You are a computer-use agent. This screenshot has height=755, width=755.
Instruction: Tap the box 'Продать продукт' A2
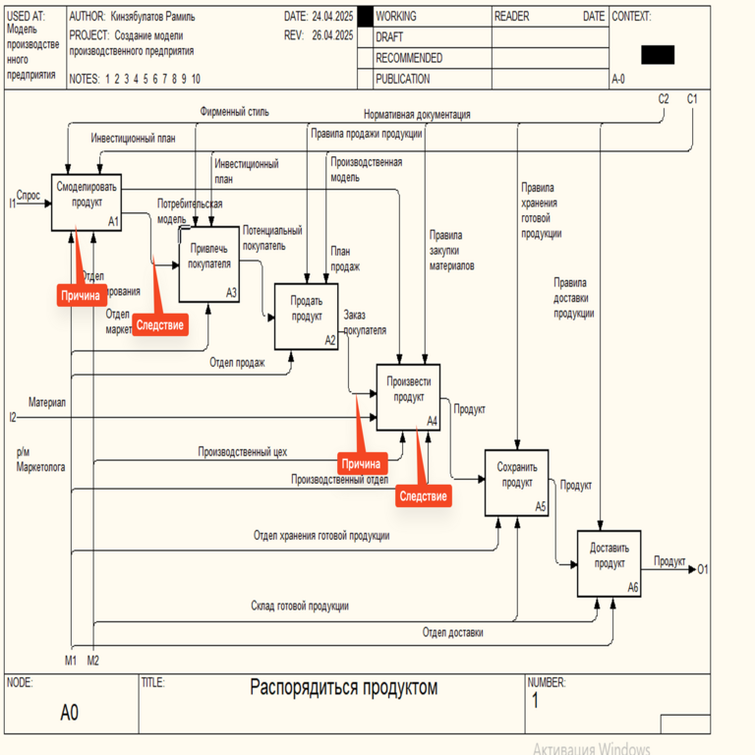click(x=306, y=316)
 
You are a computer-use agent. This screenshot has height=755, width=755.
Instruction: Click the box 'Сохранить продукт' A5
click(x=516, y=483)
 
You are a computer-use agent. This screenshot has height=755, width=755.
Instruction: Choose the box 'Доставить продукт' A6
click(x=609, y=563)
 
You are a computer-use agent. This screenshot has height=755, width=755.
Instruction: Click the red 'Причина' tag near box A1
click(x=80, y=294)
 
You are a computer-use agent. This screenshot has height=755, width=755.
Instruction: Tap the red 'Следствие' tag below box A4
click(x=424, y=496)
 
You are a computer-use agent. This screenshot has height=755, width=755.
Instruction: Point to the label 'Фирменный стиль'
click(x=234, y=112)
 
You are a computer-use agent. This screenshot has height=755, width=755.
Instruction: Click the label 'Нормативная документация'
click(x=417, y=114)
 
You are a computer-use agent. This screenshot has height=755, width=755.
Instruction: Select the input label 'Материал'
click(x=47, y=403)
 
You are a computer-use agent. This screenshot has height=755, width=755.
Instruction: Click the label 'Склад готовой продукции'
click(x=299, y=607)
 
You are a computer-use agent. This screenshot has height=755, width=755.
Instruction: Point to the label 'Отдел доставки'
click(x=453, y=633)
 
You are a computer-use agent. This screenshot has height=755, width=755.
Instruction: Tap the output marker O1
click(x=702, y=569)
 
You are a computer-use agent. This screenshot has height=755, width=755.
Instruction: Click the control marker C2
click(x=664, y=99)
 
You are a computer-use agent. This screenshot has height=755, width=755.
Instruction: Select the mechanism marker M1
click(x=71, y=659)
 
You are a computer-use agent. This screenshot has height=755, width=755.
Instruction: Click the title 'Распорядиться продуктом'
click(x=343, y=687)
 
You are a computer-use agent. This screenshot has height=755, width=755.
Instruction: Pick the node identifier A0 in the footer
click(x=69, y=713)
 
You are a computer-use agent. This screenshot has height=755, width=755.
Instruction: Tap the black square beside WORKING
click(x=365, y=17)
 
